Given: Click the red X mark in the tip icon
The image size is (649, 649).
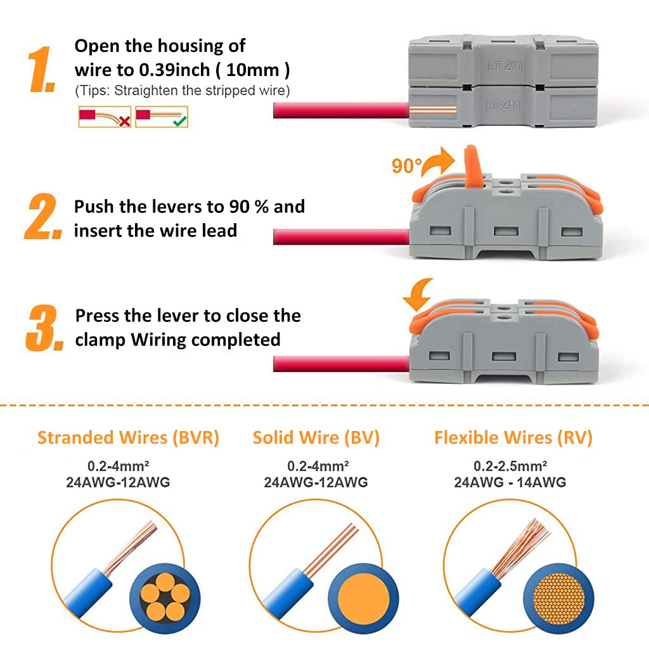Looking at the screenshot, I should coord(124,120).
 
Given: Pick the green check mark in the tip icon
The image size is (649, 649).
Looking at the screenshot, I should coord(181,119).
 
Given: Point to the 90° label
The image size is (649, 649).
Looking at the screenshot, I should coord(406,166).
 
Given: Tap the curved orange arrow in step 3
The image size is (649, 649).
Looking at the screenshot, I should coord(420,295).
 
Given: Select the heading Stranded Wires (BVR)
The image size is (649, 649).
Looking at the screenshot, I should coord(128,438).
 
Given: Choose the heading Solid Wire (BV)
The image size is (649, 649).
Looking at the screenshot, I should coord(316,438).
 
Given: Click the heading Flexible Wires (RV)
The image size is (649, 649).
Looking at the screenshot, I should coord(513,438).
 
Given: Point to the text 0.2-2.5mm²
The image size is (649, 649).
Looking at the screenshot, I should coord(510,466).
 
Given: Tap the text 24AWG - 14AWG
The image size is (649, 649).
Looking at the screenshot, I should coord(510,482).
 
